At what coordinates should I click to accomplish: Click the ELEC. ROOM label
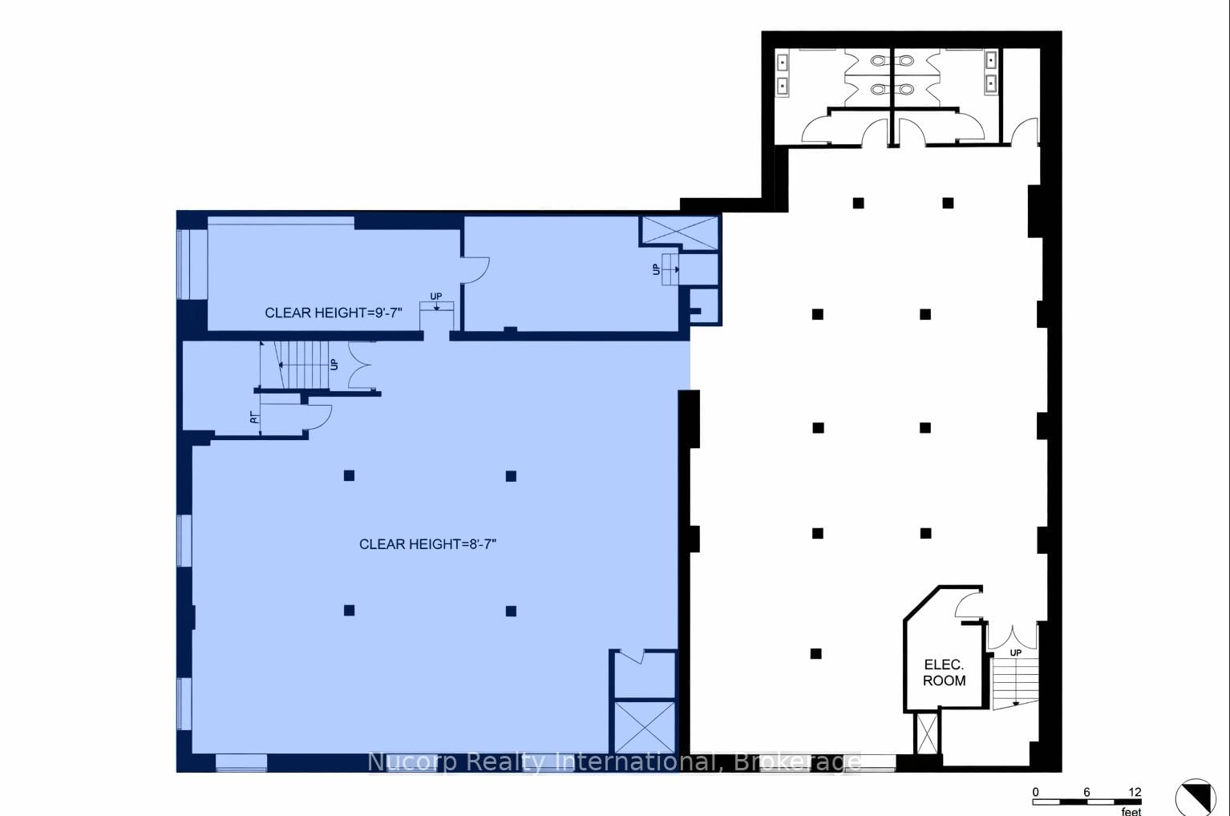(x=944, y=673)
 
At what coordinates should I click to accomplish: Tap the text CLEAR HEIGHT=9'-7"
(x=333, y=313)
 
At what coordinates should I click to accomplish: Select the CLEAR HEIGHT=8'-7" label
(x=427, y=544)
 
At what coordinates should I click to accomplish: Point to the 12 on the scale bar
(x=1134, y=792)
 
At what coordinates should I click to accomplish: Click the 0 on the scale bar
(x=1035, y=792)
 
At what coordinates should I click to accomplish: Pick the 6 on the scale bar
(x=1086, y=792)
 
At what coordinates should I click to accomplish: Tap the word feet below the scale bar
(x=1131, y=811)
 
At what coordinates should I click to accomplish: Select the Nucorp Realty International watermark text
(x=613, y=761)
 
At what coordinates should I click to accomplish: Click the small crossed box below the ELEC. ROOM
(x=926, y=733)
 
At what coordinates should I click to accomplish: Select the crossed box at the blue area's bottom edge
(x=643, y=726)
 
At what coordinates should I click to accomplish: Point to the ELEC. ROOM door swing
(x=969, y=603)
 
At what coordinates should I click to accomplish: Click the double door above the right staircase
(x=1011, y=636)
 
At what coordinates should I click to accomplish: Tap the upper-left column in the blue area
(x=349, y=475)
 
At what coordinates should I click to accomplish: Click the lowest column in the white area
(x=815, y=653)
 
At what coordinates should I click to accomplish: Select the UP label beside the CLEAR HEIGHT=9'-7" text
(x=435, y=297)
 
